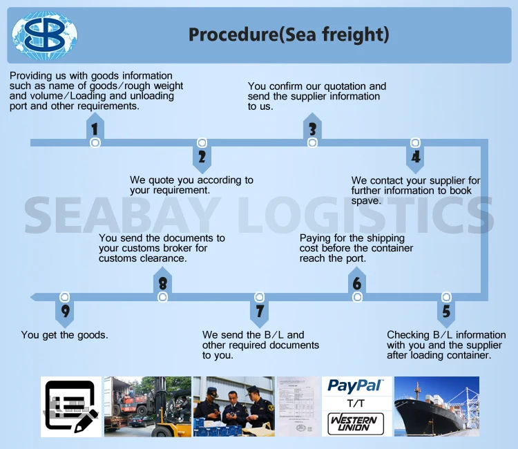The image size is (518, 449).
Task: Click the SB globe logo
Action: pos(45,35)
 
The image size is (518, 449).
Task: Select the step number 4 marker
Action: pos(416,157)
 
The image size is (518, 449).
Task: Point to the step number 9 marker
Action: pos(65,311)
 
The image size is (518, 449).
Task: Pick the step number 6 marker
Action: pos(357,283)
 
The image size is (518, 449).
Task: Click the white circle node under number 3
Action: pos(312,143)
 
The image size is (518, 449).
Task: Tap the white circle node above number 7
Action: pos(259,297)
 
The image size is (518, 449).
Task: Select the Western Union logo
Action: pos(356,423)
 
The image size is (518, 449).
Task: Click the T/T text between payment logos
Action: pos(356,403)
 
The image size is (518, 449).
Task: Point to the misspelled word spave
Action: pos(365,201)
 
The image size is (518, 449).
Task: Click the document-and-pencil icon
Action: pos(71,407)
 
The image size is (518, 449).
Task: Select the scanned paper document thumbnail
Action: pos(298,407)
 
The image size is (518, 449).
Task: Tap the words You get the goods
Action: pos(64,335)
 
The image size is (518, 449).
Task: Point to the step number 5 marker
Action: pos(446,311)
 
